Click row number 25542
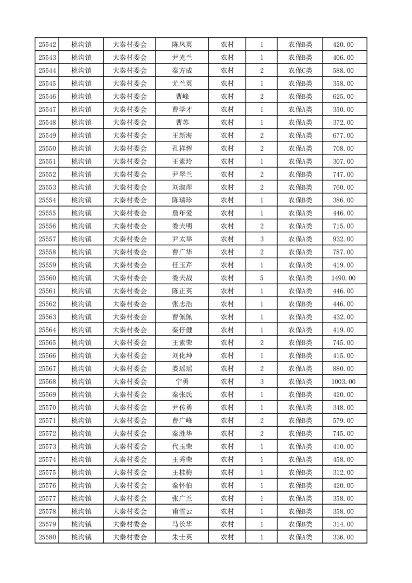[47, 45]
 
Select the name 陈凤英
[182, 45]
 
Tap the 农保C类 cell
[300, 71]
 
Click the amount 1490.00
[343, 278]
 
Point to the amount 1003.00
[343, 381]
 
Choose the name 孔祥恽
[182, 149]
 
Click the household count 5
[261, 278]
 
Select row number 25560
[47, 278]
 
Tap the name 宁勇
[182, 381]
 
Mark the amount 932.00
[343, 239]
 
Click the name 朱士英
[182, 537]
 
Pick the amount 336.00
[343, 537]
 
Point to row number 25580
[47, 537]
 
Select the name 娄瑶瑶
[182, 368]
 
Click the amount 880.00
[343, 368]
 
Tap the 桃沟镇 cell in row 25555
[81, 213]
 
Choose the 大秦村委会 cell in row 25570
[130, 407]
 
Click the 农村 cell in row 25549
[227, 136]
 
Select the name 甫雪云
[182, 511]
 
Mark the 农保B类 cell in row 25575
[300, 472]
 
